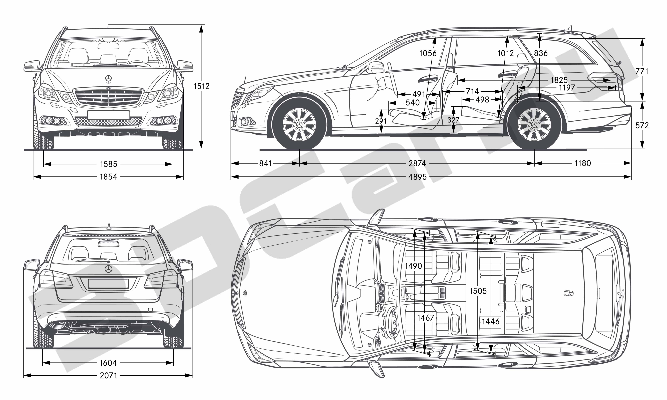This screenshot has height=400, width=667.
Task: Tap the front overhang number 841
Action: click(x=266, y=163)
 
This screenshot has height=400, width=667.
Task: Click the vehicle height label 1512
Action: click(x=202, y=86)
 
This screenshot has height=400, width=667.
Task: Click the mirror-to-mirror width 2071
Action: click(x=108, y=376)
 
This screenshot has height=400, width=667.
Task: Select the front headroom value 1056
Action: click(x=428, y=53)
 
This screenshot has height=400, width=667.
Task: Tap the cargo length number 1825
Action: click(x=559, y=80)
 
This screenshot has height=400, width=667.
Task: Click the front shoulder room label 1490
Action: click(x=413, y=266)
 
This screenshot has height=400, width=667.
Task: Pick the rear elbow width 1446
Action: click(x=491, y=321)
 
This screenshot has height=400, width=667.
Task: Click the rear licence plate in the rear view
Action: click(x=108, y=283)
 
